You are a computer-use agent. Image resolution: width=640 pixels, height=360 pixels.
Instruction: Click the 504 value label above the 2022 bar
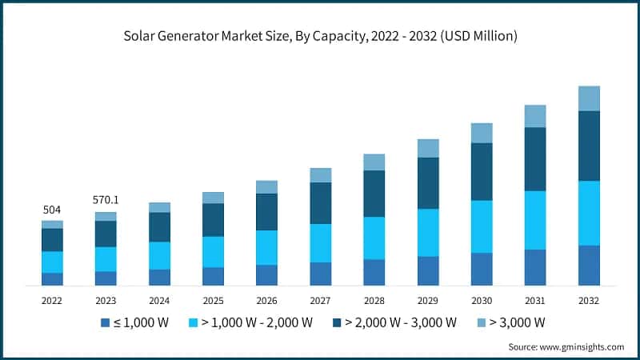pos(52,210)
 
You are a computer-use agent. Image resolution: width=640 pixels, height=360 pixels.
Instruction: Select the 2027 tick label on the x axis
pos(320,300)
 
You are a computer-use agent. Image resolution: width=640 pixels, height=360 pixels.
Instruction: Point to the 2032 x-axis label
pos(589,300)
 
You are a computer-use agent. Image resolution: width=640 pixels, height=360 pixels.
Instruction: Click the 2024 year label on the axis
pos(159,300)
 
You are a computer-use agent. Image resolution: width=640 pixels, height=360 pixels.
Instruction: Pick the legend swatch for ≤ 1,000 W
pos(104,322)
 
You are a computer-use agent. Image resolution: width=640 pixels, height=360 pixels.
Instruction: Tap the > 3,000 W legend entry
pos(516,322)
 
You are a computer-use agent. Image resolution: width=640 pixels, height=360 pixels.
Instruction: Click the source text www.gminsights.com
pos(583,346)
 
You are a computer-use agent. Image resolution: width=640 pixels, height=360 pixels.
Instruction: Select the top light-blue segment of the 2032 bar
pos(589,98)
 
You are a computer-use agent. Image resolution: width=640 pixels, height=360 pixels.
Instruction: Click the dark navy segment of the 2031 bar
pos(535,159)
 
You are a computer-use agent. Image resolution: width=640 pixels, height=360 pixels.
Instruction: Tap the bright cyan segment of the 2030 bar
pos(482,226)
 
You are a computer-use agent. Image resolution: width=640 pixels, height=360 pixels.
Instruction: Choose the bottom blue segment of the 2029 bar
pos(428,270)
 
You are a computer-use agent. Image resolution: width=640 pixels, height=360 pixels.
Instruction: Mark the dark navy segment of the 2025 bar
pos(213,220)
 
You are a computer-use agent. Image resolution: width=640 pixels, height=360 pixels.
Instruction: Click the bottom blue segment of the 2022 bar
pos(52,278)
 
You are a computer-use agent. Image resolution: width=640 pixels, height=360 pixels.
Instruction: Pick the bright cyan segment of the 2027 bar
pos(320,242)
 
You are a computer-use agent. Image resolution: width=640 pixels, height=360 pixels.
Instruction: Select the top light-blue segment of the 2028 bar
pos(374,162)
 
